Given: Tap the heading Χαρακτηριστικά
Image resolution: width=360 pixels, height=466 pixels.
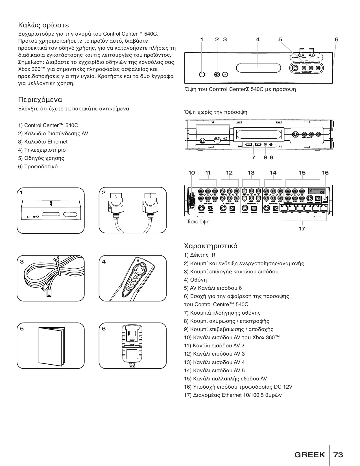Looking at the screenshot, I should coord(211,246).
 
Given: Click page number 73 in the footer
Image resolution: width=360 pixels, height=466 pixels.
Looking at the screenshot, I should coord(338,455).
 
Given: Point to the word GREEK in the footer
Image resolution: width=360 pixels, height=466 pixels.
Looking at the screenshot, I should coord(309,455).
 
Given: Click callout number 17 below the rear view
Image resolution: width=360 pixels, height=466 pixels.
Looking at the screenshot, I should coord(302,228).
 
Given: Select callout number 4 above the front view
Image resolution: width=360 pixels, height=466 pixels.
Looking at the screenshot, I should coord(258,40).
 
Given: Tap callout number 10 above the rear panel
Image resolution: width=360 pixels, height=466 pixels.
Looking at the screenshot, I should coord(191,173).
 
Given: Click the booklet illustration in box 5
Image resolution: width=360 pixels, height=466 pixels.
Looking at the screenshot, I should coord(51,346).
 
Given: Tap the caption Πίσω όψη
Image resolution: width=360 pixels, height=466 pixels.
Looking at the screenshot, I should coord(197,222).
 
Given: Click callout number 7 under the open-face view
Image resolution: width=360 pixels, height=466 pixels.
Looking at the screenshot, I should coord(253,157).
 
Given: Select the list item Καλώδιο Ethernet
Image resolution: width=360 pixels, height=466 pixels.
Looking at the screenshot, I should coord(46,142).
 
